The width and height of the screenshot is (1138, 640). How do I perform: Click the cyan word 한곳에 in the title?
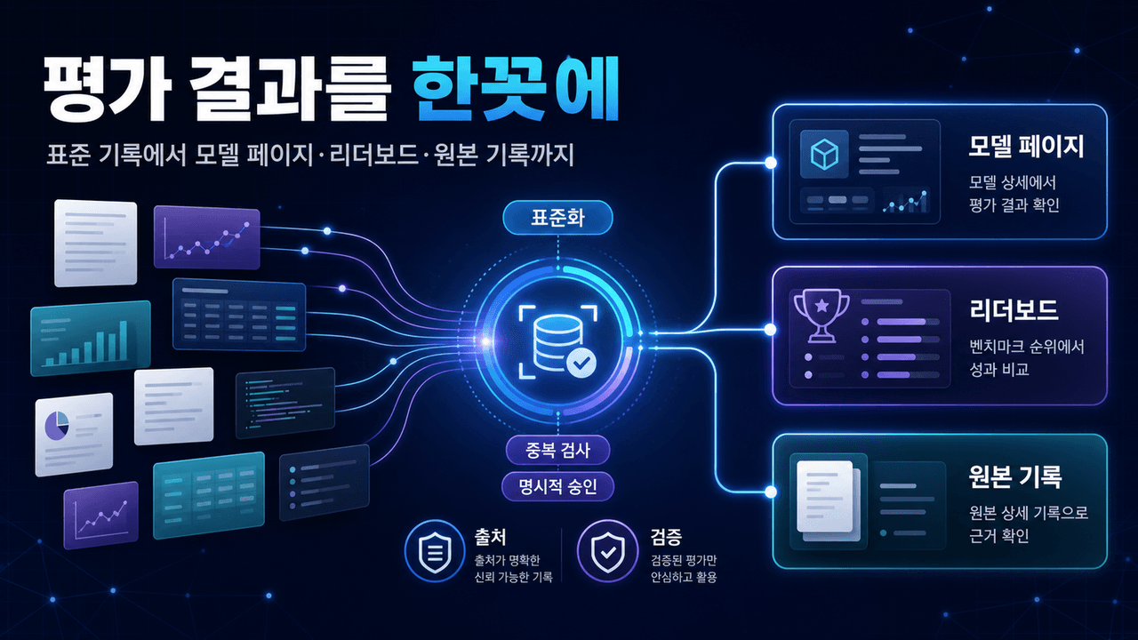tap(515, 88)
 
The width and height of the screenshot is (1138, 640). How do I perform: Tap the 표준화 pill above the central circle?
tap(557, 218)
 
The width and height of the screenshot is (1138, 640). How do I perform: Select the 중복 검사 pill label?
tap(557, 450)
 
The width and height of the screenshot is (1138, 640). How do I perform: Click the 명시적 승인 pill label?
tap(557, 486)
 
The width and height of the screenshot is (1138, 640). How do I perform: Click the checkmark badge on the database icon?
tap(581, 363)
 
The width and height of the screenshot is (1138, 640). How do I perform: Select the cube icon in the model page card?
tap(824, 154)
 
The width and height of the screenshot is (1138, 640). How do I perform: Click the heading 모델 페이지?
tap(1026, 147)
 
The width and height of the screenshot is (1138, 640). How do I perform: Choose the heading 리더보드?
tap(1014, 310)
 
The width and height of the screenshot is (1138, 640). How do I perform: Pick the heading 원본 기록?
tap(1015, 476)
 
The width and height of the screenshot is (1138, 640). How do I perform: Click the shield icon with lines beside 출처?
tap(435, 551)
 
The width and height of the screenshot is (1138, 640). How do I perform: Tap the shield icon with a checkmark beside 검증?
tap(607, 551)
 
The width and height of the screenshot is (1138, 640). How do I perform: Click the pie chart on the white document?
tap(56, 425)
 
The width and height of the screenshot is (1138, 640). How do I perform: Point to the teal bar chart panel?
tap(91, 339)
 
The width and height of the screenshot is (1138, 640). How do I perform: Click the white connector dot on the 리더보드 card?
tap(771, 330)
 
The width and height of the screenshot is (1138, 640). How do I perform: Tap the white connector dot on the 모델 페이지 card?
tap(771, 163)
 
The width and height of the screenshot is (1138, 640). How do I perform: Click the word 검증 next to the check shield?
tap(666, 537)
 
